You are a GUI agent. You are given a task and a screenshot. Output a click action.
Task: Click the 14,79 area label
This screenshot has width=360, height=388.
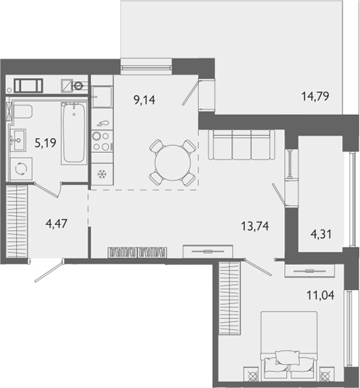click(x=315, y=96)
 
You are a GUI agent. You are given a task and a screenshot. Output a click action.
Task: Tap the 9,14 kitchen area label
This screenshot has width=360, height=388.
click(x=145, y=100)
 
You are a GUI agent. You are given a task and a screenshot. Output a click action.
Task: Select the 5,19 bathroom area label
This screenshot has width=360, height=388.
click(x=45, y=143)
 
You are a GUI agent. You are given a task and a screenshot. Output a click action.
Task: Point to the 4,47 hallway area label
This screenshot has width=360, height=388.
click(x=57, y=224)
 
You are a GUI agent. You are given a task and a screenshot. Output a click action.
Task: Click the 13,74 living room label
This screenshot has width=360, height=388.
click(x=255, y=226)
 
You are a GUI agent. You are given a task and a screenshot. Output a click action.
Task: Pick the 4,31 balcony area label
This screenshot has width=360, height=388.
click(x=321, y=234)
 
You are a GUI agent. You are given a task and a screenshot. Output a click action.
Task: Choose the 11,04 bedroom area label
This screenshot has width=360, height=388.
click(x=320, y=295)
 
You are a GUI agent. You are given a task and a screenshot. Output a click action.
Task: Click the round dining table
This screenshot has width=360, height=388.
click(x=173, y=162)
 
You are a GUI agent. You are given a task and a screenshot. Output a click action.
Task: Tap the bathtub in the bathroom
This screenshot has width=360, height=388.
click(x=74, y=133)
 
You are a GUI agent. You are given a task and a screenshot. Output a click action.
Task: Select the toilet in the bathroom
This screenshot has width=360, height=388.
click(x=22, y=111)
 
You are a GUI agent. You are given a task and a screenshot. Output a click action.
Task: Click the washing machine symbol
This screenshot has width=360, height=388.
click(x=21, y=169)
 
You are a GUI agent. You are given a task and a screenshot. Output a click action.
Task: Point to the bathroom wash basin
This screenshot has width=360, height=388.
click(x=18, y=140)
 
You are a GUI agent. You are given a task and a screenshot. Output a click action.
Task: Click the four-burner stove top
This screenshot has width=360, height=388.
click(x=102, y=141)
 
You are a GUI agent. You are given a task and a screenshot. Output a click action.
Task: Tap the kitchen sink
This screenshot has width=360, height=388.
click(x=102, y=96)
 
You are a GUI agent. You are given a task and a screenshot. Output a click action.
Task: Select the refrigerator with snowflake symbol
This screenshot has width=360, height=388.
click(x=102, y=174)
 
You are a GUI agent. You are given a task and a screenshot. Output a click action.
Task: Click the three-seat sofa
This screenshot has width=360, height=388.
click(x=241, y=145)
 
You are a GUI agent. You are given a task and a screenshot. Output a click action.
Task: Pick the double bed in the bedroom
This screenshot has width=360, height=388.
click(x=289, y=346)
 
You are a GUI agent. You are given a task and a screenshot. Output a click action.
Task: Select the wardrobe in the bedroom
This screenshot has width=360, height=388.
click(x=229, y=298)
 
